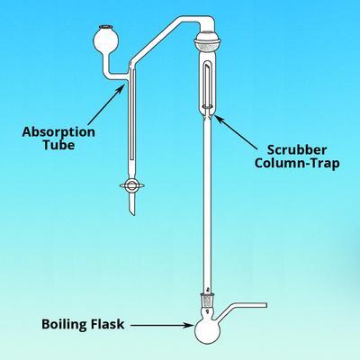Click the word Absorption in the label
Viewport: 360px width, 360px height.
click(58, 132)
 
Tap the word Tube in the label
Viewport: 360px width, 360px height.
click(58, 145)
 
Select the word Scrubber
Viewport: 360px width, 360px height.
click(297, 150)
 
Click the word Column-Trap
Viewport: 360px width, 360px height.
click(297, 164)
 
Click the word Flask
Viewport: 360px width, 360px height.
click(108, 324)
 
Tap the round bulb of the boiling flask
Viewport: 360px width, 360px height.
click(208, 330)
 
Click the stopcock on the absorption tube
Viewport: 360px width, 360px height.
click(132, 185)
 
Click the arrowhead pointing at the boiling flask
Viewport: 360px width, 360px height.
click(188, 325)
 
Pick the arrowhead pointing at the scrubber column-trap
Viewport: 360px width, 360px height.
click(220, 121)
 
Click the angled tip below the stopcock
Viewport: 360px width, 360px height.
click(132, 208)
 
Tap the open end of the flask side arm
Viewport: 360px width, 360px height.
click(265, 305)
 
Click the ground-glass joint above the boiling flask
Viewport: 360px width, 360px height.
click(207, 300)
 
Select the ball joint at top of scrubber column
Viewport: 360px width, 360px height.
click(208, 41)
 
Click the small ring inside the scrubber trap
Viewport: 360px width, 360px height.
click(207, 106)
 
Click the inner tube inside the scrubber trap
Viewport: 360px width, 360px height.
click(207, 85)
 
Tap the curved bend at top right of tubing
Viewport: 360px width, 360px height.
click(208, 22)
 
